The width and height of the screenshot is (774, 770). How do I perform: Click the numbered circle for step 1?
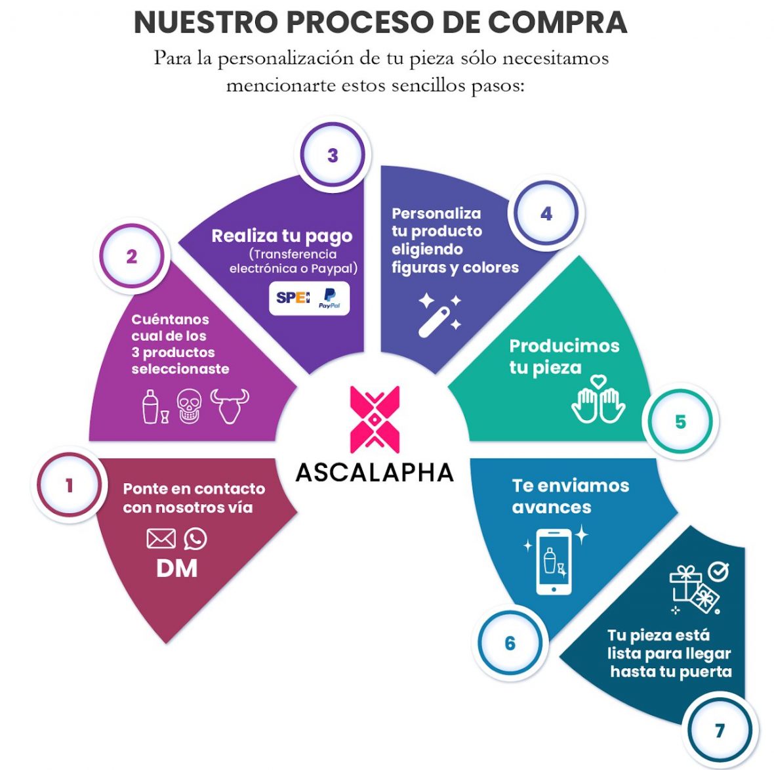[69, 485]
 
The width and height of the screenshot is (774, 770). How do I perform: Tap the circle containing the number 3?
[332, 155]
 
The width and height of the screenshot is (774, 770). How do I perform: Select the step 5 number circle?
[680, 422]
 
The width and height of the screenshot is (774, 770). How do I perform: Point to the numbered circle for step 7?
[720, 730]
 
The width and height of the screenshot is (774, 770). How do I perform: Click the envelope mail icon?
[161, 538]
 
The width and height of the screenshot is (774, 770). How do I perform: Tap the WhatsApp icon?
[195, 539]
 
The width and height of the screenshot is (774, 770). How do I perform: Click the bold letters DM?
[176, 568]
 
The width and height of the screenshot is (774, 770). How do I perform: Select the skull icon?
[190, 406]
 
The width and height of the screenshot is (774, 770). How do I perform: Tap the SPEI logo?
[293, 297]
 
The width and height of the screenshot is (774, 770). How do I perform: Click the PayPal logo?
[329, 298]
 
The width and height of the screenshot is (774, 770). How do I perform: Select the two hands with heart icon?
[598, 399]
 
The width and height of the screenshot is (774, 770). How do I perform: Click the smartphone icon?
[554, 562]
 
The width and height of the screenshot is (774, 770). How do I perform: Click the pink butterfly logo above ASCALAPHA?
[375, 419]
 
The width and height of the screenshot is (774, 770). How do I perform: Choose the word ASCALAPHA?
[375, 473]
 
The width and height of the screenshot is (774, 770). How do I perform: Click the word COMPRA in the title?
[558, 22]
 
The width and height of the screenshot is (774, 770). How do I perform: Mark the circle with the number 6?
[510, 643]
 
